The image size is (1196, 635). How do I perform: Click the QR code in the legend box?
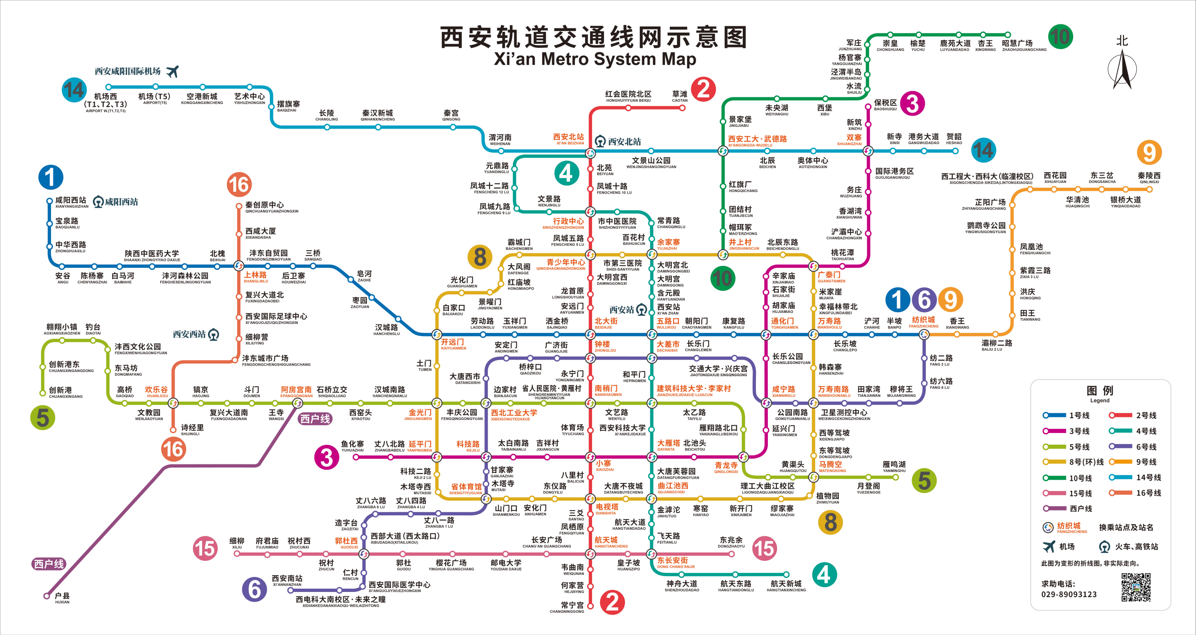[1136, 587]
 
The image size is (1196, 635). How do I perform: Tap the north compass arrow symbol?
[1122, 70]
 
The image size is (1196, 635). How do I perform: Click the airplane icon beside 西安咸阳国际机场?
[172, 71]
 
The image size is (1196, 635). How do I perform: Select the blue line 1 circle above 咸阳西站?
[51, 177]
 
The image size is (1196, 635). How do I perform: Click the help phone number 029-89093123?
[1069, 594]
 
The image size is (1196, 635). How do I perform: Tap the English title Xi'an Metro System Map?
[595, 59]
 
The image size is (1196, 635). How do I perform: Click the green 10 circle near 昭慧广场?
[1060, 36]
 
